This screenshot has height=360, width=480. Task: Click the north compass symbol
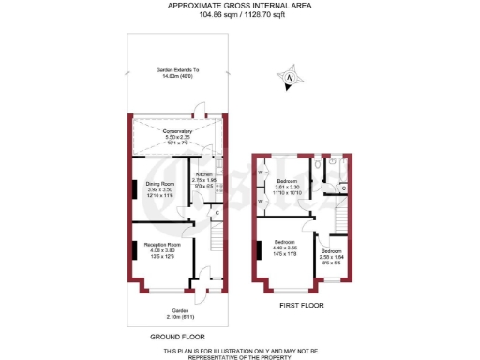(291, 79)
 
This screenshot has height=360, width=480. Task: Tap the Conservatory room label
(177, 132)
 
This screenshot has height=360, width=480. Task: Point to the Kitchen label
(205, 174)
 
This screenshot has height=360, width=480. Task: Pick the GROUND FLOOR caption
(178, 336)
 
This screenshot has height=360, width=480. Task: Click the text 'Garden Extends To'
(176, 71)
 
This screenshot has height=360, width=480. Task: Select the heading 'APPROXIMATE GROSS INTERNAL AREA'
(240, 6)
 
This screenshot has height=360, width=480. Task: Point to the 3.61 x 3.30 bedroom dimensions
(287, 187)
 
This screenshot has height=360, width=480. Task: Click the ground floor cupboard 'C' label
(217, 213)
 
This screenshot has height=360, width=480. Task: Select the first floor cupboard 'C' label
(344, 188)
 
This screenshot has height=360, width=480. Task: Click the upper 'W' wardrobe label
(259, 172)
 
